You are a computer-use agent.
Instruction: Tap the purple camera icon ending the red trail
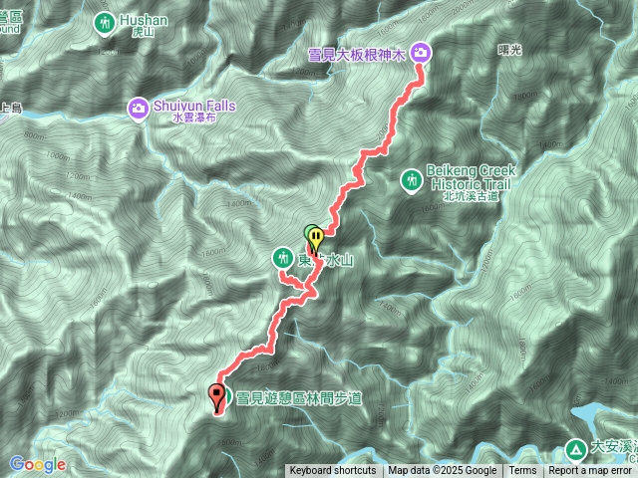(x=420, y=52)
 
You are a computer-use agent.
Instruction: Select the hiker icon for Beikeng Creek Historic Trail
(x=410, y=180)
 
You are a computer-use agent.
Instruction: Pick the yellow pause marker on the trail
(x=316, y=239)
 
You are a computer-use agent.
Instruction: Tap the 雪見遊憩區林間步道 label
(x=298, y=398)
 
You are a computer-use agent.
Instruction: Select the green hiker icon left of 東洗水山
(x=282, y=259)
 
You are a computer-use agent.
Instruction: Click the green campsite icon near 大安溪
(x=577, y=449)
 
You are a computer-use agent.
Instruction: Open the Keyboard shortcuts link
(x=333, y=471)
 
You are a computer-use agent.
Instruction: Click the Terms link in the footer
(x=522, y=471)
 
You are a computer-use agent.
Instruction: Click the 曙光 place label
(x=508, y=48)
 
